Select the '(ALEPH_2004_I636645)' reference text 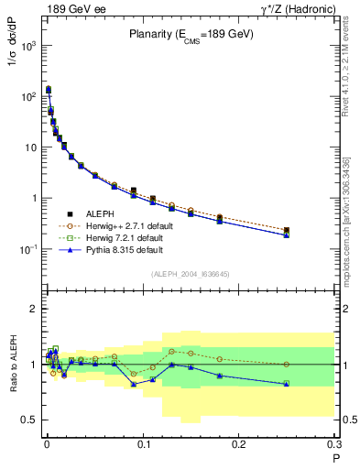click(190, 274)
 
